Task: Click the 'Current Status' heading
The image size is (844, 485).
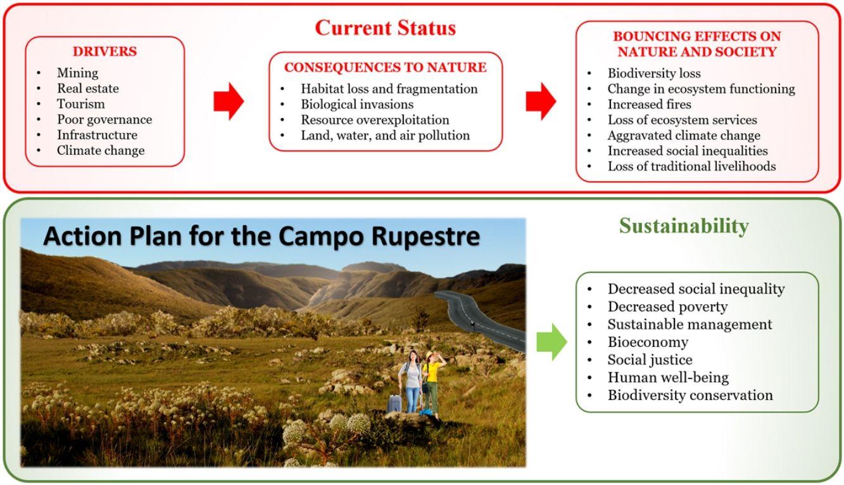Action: coord(385,28)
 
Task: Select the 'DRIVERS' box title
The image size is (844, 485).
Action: coord(105,51)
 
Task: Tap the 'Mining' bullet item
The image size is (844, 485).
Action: coord(77,73)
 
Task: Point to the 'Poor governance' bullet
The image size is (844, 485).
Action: coord(104,119)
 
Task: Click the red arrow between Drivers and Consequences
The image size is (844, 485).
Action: coord(228,101)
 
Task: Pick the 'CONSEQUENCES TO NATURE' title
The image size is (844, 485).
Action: coord(385,67)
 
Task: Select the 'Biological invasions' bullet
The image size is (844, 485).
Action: coord(356,104)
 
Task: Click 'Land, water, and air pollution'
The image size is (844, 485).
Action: coord(385,135)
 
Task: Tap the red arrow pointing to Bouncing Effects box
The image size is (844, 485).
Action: coord(541,101)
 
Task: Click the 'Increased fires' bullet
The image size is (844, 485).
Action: coord(649,104)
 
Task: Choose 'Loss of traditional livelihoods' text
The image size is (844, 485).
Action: coord(691,166)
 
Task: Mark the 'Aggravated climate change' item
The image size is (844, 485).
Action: coord(684,135)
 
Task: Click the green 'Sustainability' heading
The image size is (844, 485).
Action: coord(684,226)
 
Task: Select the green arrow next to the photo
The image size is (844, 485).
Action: coord(551,342)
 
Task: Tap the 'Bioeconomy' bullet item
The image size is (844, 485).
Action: coord(648,342)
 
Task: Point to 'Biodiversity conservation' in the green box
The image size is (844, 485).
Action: coord(690,395)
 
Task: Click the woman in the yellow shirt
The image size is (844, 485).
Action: coord(432,384)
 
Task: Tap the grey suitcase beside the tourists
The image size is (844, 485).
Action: coord(394,403)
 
